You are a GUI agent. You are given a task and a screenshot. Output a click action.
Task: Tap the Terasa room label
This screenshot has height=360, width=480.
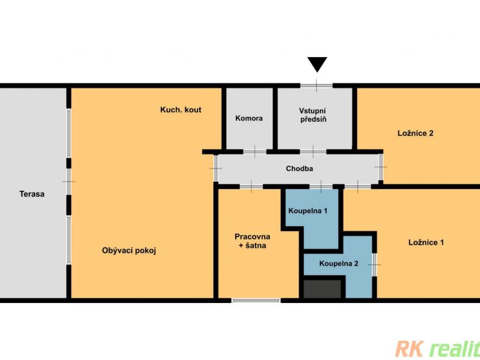tap(32, 194)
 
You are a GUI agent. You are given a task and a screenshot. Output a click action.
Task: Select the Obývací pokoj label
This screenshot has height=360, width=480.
tap(129, 251)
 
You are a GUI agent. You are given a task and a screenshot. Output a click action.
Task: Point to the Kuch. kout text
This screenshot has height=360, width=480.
tap(181, 110)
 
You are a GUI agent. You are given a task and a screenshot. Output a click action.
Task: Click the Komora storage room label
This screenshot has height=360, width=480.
tap(249, 119)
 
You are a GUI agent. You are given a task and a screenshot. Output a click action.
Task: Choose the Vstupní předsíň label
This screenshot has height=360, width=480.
tap(313, 115)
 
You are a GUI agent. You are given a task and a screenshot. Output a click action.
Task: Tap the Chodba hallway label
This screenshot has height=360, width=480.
tap(299, 168)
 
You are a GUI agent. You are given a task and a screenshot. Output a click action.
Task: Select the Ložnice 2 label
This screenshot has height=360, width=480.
tap(415, 133)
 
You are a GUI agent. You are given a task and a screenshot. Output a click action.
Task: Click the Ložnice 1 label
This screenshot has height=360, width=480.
tap(426, 243)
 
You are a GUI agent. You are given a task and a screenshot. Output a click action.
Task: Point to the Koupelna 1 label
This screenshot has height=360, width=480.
tap(308, 211)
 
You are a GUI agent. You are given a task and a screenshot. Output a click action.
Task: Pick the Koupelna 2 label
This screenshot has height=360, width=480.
tap(338, 264)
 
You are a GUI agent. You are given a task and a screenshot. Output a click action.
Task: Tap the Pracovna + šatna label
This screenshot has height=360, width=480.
tap(252, 241)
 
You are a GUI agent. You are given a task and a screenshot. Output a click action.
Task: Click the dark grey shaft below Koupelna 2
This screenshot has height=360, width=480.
tap(322, 289)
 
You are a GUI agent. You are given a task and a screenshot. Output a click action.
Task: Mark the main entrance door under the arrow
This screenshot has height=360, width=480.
tap(316, 86)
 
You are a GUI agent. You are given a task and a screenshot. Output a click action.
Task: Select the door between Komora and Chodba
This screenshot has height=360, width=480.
tap(254, 151)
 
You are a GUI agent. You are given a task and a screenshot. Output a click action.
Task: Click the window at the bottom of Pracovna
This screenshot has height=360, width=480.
tap(256, 300)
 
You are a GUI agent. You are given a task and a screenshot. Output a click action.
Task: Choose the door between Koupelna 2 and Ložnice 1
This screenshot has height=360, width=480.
tap(374, 265)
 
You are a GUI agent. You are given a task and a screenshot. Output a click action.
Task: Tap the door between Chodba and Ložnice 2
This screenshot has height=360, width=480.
tap(381, 167)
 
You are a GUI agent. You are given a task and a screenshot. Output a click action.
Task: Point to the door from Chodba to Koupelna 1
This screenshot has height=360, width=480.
tap(321, 186)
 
